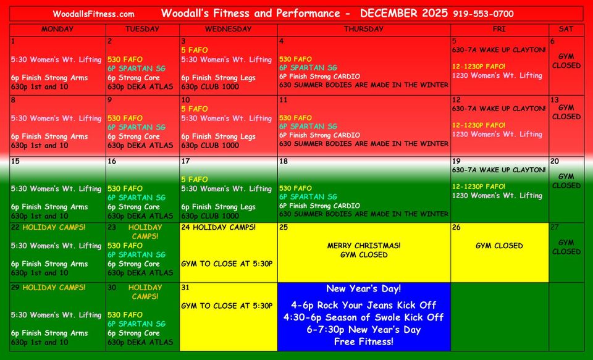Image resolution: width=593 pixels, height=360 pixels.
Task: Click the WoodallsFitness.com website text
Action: (93, 14)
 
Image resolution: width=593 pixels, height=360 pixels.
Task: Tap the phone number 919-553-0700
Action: (483, 14)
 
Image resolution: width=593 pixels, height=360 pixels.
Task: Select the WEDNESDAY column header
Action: (228, 29)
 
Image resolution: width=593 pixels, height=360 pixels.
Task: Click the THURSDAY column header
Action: (363, 29)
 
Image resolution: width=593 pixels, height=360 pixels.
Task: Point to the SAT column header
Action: (566, 29)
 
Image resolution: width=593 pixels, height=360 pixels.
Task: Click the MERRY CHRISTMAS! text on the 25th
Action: (364, 245)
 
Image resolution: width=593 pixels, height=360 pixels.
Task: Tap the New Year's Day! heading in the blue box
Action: (363, 288)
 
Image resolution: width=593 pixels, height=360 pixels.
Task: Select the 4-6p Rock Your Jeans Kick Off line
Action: (363, 305)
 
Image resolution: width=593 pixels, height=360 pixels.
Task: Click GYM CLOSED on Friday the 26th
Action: (499, 245)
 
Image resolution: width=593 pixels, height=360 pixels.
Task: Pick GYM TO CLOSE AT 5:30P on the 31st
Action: (227, 306)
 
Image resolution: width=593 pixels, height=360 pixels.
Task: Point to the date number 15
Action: (15, 161)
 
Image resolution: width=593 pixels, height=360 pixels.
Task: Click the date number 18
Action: (284, 161)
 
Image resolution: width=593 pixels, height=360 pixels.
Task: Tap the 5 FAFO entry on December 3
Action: (195, 50)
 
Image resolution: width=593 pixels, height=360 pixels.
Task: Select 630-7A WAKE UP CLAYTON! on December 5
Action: (499, 50)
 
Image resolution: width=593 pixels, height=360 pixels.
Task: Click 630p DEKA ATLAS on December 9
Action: (140, 145)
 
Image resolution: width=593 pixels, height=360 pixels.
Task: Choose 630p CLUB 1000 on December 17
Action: (210, 216)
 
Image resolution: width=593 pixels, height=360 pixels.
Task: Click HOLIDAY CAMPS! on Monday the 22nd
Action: (54, 227)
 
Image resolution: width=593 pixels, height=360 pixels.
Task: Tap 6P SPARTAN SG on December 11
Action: (308, 127)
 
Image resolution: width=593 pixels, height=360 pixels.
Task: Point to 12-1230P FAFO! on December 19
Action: (479, 186)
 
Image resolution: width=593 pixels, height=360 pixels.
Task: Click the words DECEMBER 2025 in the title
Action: (404, 13)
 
